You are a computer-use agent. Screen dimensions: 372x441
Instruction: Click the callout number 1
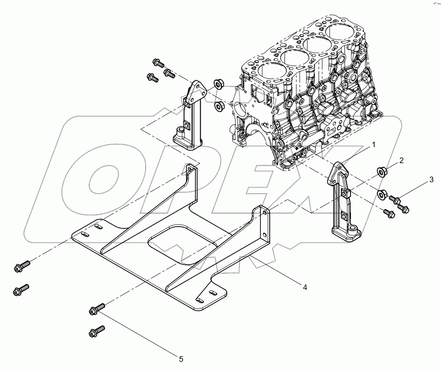coord(373,144)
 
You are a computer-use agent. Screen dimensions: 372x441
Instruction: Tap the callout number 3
coord(431,180)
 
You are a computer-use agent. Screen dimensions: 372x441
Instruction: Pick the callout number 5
coord(181,359)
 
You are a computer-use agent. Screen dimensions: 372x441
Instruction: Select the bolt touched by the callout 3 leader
coord(397,202)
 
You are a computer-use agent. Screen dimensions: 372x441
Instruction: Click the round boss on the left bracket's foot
coord(180,130)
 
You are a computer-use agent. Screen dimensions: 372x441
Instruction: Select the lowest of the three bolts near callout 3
coord(389,213)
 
